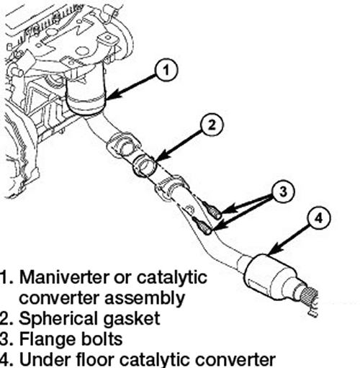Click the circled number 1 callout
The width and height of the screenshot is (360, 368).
coord(166,71)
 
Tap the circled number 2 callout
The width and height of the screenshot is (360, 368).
coord(212,125)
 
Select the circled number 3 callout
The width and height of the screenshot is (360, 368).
coord(283,192)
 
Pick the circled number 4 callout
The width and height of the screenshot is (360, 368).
coord(319,218)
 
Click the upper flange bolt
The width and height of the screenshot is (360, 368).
coord(212,210)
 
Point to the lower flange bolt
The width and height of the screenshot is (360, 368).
coord(202,226)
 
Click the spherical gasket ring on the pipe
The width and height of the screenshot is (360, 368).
coord(145,166)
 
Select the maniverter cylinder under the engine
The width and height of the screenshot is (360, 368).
coord(86,96)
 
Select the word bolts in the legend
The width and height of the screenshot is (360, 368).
coord(101,339)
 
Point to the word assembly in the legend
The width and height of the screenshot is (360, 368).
coord(145,298)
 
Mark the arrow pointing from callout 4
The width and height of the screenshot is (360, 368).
coord(290,239)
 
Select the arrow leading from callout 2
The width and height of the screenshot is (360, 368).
coord(178,145)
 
